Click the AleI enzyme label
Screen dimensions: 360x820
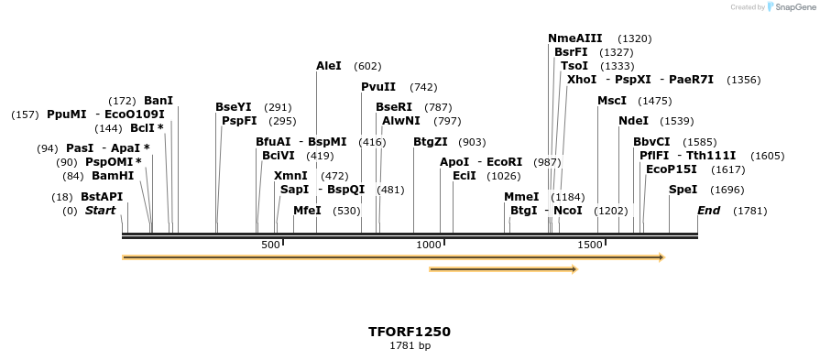tap(329, 66)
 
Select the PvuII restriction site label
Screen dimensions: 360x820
tap(378, 86)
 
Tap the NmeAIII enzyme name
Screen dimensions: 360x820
tap(575, 38)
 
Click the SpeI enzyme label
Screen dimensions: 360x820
tap(683, 190)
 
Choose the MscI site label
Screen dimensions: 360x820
tap(612, 100)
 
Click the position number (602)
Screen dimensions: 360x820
tap(367, 66)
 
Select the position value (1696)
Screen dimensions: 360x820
tap(727, 190)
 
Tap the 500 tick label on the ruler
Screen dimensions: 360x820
tap(270, 245)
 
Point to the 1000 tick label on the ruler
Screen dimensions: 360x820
tap(429, 245)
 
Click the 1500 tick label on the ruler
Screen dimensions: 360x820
tap(589, 245)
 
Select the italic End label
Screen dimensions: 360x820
tap(709, 211)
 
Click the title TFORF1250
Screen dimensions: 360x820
tap(410, 332)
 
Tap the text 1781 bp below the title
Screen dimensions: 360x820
tap(410, 346)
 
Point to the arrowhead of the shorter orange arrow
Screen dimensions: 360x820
tap(574, 269)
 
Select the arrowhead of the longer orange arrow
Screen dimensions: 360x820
tap(661, 257)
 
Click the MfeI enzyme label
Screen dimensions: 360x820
tap(308, 211)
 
